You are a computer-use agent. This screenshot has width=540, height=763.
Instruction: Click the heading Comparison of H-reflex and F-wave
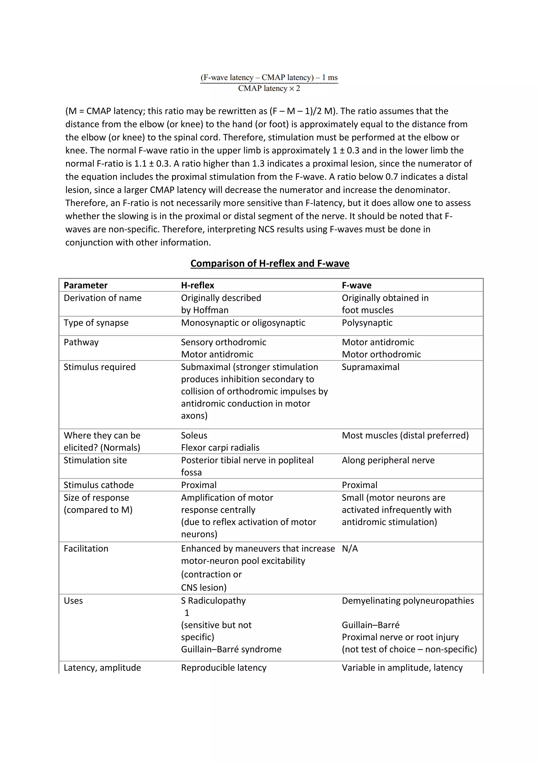coord(270,263)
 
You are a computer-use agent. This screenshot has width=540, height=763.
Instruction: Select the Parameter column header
coord(85,285)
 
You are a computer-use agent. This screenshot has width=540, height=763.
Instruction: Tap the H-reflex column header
coord(197,285)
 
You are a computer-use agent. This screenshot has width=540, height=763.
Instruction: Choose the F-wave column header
coord(356,285)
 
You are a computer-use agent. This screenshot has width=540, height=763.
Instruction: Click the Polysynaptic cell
coord(367,323)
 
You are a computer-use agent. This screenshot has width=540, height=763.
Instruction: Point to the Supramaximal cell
coord(370,367)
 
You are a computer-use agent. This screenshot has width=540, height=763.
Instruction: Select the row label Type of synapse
coord(96,323)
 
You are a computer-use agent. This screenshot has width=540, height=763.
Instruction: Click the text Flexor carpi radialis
coord(220,448)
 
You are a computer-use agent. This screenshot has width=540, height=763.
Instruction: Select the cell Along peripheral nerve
coord(388,460)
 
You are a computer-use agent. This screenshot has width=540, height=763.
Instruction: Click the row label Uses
coord(73,601)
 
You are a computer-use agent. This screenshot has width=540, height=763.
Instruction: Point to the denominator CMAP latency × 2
coord(269,89)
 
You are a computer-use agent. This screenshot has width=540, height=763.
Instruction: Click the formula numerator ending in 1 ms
coord(269,77)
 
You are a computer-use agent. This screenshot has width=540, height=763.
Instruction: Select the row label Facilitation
coord(86,549)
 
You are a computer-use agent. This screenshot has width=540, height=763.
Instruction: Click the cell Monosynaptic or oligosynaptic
coord(243,323)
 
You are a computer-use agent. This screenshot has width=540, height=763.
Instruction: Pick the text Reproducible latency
coord(223,668)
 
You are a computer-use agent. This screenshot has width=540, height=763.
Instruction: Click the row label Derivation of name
coord(102,298)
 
